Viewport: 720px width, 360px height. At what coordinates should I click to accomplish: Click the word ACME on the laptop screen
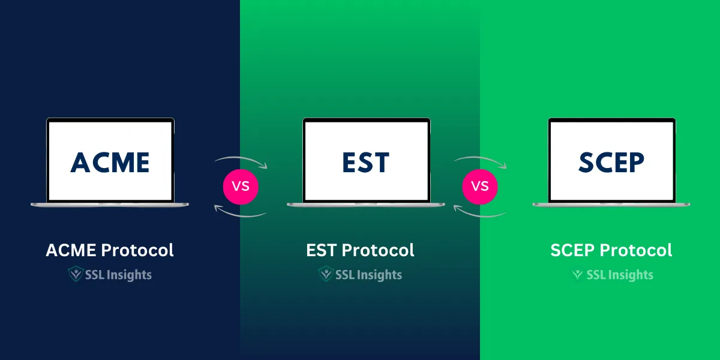[x=110, y=162]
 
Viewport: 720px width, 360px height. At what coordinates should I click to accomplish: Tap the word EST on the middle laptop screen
[x=365, y=163]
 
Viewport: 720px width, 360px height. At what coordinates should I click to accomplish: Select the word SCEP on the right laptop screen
[x=611, y=162]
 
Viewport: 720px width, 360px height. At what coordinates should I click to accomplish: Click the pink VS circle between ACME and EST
[x=241, y=186]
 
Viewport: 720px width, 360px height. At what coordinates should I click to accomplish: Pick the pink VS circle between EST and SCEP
[x=480, y=186]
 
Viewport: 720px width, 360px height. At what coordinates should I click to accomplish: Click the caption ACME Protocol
[x=110, y=250]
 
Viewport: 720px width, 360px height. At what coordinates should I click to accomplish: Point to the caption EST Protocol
[x=360, y=250]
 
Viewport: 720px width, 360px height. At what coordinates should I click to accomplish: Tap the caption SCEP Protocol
[x=611, y=250]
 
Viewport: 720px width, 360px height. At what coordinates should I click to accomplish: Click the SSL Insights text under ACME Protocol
[x=118, y=275]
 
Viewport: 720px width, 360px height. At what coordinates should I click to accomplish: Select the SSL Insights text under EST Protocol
[x=368, y=275]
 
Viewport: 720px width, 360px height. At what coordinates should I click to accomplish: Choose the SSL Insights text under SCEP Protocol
[x=619, y=275]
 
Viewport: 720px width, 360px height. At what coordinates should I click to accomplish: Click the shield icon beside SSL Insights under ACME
[x=76, y=275]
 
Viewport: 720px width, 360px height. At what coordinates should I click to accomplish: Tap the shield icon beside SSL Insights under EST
[x=326, y=275]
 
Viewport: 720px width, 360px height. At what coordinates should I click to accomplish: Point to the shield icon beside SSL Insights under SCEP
[x=578, y=275]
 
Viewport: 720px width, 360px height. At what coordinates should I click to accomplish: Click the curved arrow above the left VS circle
[x=240, y=160]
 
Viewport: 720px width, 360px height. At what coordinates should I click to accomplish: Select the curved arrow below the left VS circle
[x=240, y=212]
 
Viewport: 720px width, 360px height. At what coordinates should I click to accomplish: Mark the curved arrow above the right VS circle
[x=480, y=160]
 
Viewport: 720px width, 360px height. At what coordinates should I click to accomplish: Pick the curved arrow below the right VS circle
[x=480, y=212]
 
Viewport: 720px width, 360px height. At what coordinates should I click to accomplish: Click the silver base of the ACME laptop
[x=110, y=205]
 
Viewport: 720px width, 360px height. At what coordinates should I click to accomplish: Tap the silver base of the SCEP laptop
[x=611, y=205]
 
